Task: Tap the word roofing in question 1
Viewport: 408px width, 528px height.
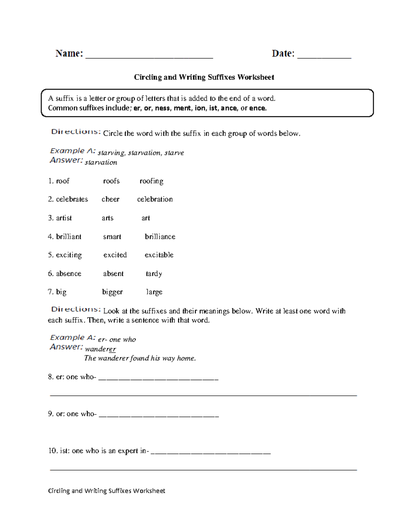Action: (151, 181)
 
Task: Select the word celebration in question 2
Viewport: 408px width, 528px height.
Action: (155, 199)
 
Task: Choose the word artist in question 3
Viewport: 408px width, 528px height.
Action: (64, 218)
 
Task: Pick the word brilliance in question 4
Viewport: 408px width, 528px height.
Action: (160, 237)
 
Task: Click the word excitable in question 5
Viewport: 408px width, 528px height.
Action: (159, 255)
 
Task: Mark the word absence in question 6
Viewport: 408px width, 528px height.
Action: (68, 274)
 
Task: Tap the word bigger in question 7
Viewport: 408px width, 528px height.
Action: (112, 292)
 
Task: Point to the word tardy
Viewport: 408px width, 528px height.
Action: (154, 274)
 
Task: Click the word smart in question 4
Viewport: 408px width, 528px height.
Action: (112, 237)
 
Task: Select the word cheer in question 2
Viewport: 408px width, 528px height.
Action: (110, 199)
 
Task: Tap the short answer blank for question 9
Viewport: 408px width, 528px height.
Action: (158, 415)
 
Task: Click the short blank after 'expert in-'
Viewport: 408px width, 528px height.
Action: (210, 452)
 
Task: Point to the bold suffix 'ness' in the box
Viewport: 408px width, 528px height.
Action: (162, 108)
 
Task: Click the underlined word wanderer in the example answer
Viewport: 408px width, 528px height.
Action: (100, 349)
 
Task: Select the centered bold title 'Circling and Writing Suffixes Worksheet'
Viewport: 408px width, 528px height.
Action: (204, 77)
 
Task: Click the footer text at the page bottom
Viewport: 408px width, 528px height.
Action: (106, 491)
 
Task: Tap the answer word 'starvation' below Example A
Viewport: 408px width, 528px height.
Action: (101, 163)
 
